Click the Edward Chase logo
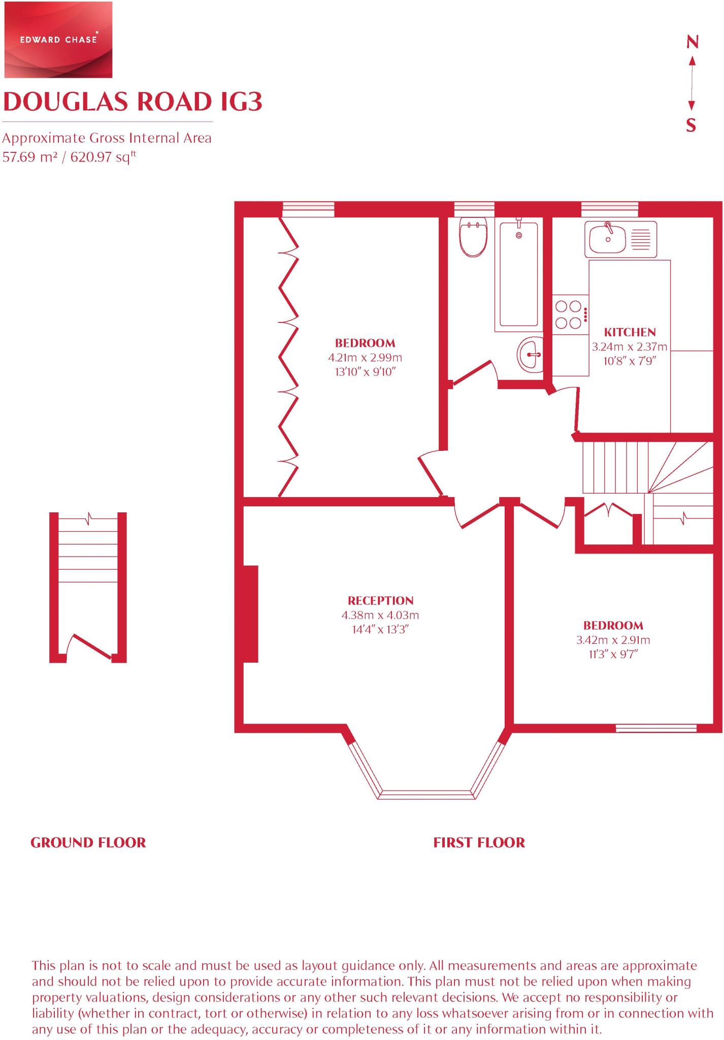pyautogui.click(x=58, y=40)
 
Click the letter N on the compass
pyautogui.click(x=692, y=42)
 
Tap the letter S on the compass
pyautogui.click(x=691, y=125)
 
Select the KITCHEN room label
pyautogui.click(x=630, y=333)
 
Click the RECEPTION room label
pyautogui.click(x=380, y=601)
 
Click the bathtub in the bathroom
pyautogui.click(x=518, y=274)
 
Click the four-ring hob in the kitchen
pyautogui.click(x=569, y=314)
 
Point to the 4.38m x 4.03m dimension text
pyautogui.click(x=380, y=615)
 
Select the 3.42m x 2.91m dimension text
pyautogui.click(x=613, y=640)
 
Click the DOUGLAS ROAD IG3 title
pyautogui.click(x=133, y=102)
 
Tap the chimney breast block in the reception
pyautogui.click(x=251, y=613)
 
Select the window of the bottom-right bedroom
pyautogui.click(x=656, y=728)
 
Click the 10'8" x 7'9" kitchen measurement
pyautogui.click(x=630, y=362)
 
